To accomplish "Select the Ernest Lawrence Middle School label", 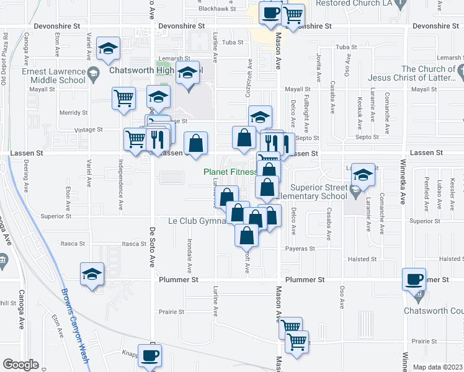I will (x=53, y=76).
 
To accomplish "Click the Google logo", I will (x=20, y=365).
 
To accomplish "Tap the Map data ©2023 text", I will (x=437, y=367).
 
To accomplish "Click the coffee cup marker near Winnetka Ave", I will (x=414, y=278).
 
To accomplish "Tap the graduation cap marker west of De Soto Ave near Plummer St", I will (x=92, y=273).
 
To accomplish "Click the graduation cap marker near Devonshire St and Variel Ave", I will (x=109, y=49).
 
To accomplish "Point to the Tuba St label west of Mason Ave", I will (x=232, y=43).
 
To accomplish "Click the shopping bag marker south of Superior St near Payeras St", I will (x=247, y=234).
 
